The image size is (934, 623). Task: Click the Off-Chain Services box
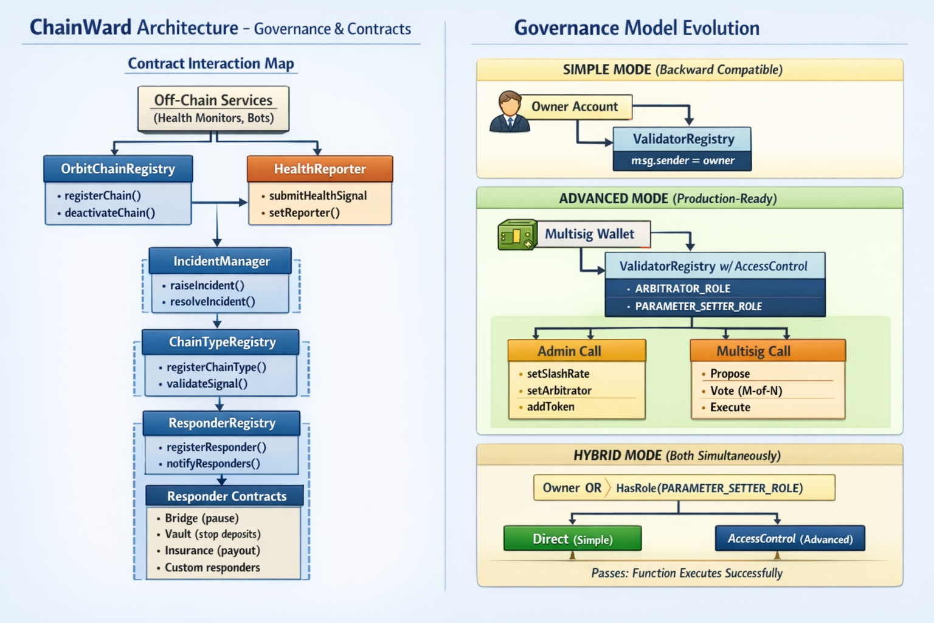213,108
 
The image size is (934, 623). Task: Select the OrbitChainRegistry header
118,169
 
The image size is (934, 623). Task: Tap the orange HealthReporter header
320,169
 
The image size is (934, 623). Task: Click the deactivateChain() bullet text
109,213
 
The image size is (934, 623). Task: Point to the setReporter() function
304,213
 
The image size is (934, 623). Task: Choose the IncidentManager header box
221,261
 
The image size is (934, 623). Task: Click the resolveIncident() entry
212,302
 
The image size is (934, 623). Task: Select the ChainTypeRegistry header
221,342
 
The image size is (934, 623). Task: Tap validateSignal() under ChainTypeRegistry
207,384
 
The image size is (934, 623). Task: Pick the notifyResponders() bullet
213,464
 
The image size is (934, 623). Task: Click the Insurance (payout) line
212,551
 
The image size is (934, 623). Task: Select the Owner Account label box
574,107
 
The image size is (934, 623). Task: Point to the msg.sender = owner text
682,161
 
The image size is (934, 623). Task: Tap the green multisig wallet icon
517,235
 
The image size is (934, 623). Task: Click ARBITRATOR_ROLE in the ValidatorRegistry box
682,288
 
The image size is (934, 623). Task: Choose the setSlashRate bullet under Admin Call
558,374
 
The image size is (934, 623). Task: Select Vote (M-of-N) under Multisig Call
745,391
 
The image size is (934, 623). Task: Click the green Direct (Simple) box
572,539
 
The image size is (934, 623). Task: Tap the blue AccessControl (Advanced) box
790,539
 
